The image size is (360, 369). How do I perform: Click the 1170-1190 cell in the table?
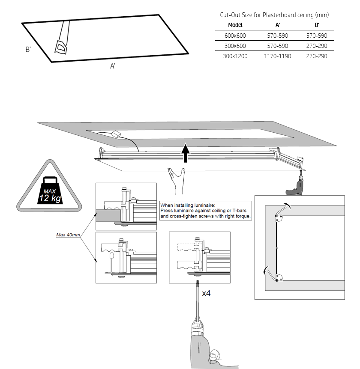pyautogui.click(x=277, y=56)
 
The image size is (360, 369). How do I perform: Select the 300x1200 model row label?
pyautogui.click(x=235, y=56)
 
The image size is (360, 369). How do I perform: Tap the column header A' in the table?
pyautogui.click(x=277, y=25)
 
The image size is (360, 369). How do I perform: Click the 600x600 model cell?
pyautogui.click(x=235, y=36)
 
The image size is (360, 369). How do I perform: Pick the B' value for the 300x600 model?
pyautogui.click(x=318, y=46)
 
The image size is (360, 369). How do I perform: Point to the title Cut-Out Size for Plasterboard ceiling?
pyautogui.click(x=274, y=15)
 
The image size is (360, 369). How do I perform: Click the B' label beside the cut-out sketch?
pyautogui.click(x=28, y=50)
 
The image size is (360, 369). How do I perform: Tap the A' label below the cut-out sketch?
pyautogui.click(x=113, y=66)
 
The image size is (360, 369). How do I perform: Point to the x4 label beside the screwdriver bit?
pyautogui.click(x=207, y=293)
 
